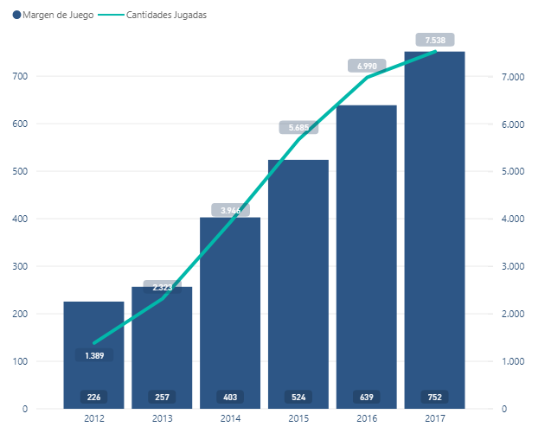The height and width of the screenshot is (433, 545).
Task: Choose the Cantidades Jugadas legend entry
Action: point(159,16)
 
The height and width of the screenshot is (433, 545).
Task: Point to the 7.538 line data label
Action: point(435,39)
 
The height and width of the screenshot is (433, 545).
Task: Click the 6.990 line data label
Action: point(367,66)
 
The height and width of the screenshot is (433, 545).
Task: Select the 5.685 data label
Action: point(298,127)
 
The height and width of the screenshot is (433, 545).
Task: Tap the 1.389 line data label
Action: point(93,355)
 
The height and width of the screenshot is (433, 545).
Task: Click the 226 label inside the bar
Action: point(93,397)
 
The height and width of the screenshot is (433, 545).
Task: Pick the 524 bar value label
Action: point(298,397)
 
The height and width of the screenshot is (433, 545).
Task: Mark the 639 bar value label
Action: point(367,397)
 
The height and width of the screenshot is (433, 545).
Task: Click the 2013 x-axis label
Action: point(162,418)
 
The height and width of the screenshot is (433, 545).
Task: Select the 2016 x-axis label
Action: point(367,418)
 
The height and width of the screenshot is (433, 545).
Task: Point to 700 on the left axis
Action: point(43,77)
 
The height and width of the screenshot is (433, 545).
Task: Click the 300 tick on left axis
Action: point(43,266)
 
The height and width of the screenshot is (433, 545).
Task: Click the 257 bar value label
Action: point(162,397)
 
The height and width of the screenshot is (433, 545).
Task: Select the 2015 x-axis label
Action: point(298,418)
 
